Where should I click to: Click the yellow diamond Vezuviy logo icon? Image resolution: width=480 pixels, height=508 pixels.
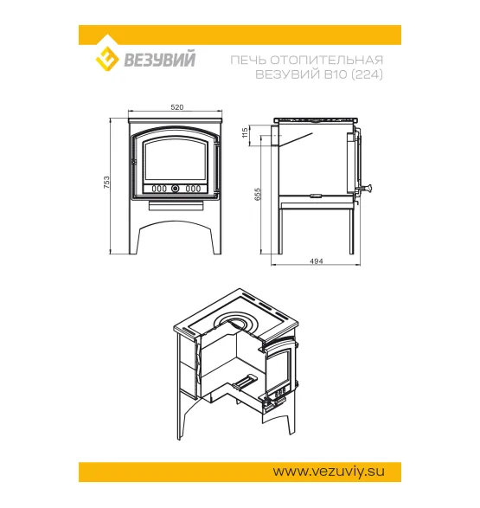[106, 58]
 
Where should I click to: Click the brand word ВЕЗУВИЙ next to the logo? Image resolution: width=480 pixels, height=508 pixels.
[160, 60]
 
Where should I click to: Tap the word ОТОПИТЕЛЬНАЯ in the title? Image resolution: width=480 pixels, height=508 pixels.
[327, 60]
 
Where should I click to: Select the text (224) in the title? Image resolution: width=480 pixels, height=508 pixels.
[368, 74]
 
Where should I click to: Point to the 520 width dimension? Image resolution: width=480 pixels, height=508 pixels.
[177, 107]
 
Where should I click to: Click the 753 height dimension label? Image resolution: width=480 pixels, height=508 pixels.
[106, 183]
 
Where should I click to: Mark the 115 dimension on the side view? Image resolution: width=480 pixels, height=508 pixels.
[245, 132]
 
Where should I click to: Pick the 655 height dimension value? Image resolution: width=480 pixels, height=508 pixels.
[258, 194]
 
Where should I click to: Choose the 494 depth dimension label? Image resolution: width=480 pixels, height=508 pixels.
[317, 261]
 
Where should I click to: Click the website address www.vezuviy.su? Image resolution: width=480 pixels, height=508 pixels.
[329, 472]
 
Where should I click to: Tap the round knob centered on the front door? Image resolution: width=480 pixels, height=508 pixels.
[175, 189]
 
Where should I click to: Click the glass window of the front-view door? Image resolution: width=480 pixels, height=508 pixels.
[176, 160]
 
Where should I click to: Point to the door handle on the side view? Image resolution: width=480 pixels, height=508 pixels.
[364, 188]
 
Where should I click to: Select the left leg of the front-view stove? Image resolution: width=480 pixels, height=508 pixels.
[136, 240]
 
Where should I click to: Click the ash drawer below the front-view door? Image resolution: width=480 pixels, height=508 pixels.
[176, 206]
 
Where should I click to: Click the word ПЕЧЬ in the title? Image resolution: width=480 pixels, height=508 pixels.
[248, 60]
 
